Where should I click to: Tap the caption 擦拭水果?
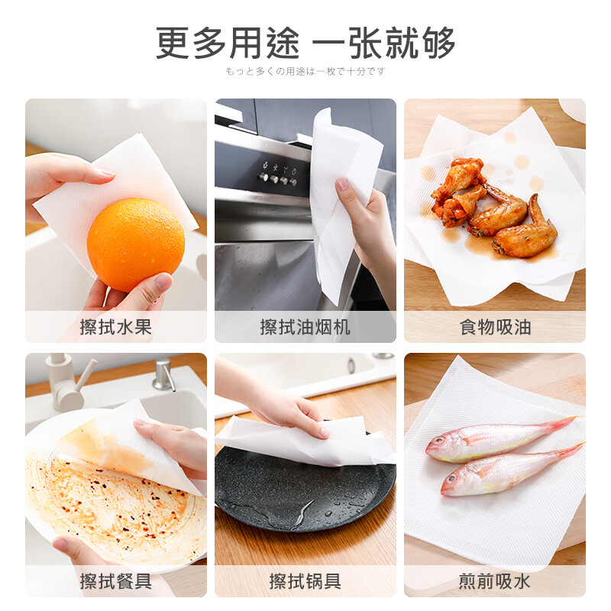pos(115,328)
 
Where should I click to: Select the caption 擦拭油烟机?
pos(305,328)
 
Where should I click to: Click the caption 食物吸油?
pos(494,328)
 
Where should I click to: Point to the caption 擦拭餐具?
pos(115,581)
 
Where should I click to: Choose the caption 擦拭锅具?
pos(305,581)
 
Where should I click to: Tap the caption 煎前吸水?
pos(494,581)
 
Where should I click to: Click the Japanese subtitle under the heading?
pos(305,72)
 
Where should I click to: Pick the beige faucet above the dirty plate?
pos(69,382)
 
